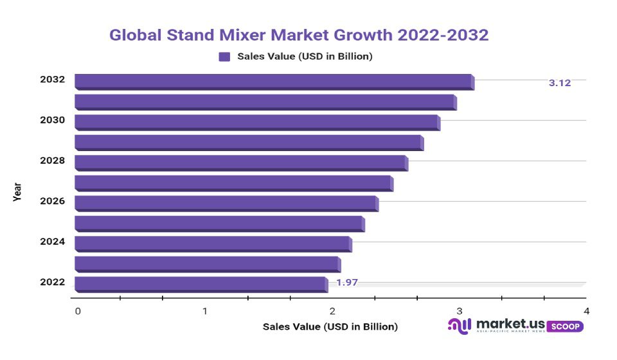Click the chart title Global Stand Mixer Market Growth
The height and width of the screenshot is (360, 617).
tap(299, 35)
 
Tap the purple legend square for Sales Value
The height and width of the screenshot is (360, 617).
tap(224, 57)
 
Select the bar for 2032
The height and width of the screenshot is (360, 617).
tap(273, 82)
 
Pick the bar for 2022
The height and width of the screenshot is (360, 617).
tap(200, 283)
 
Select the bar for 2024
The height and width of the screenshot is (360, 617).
tap(212, 244)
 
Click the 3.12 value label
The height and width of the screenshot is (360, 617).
tap(559, 83)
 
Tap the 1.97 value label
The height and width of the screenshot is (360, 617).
tap(347, 282)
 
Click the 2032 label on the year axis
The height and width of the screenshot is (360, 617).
tap(52, 80)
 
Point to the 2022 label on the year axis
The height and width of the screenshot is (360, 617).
tap(52, 282)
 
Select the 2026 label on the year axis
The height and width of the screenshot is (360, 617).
tap(52, 201)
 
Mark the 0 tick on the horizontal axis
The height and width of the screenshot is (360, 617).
tap(78, 311)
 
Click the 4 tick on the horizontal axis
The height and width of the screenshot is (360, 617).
tap(586, 311)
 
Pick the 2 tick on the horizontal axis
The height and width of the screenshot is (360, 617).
tap(332, 311)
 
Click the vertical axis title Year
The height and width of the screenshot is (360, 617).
tap(17, 192)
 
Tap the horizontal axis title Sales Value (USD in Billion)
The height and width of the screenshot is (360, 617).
tap(330, 327)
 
